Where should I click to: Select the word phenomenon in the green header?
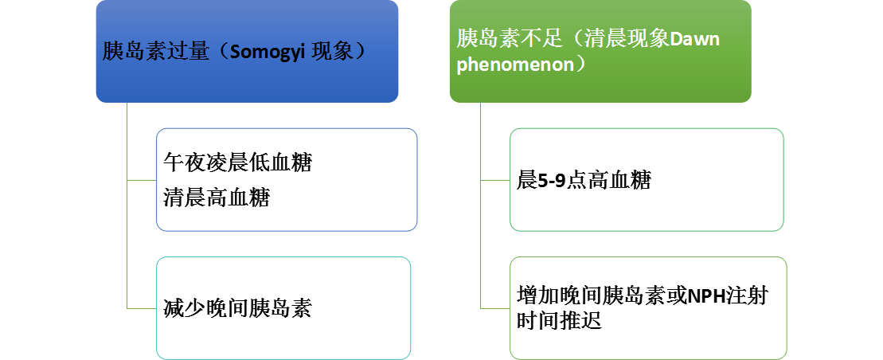514,65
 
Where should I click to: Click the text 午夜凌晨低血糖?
237,162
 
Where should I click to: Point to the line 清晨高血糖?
217,198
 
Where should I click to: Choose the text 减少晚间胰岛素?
237,308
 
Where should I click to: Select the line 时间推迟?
559,320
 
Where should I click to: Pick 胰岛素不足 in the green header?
510,40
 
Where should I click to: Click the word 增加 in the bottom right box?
537,295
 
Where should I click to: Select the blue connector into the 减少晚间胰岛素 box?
142,308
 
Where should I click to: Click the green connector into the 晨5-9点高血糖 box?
495,180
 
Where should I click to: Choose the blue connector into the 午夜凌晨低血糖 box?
142,180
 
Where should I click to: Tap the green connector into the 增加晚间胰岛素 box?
495,308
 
